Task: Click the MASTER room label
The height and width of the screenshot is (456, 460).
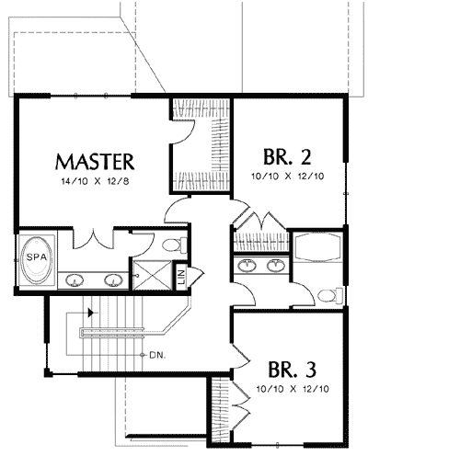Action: pyautogui.click(x=96, y=162)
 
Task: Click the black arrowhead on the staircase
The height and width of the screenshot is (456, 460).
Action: pyautogui.click(x=89, y=313)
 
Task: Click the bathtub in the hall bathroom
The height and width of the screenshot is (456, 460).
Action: pyautogui.click(x=319, y=250)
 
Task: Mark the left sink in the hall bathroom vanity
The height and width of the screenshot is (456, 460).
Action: pyautogui.click(x=246, y=267)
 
